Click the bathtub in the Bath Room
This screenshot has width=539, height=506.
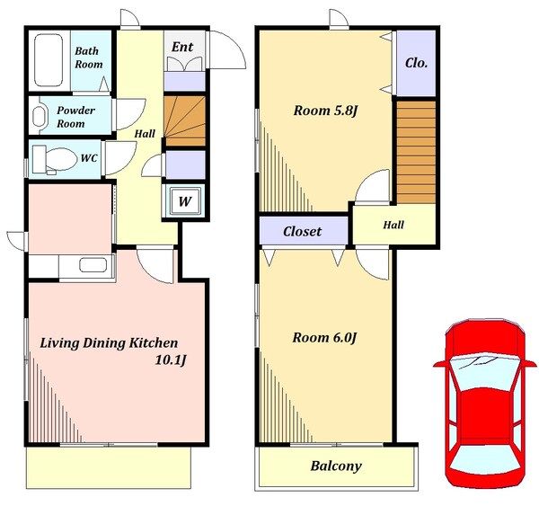[x=49, y=60]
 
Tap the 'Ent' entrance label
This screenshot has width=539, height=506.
[x=182, y=47]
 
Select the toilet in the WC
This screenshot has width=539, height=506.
[x=54, y=159]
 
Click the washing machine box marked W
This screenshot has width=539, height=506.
[x=184, y=201]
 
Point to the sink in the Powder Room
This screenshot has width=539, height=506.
[x=39, y=116]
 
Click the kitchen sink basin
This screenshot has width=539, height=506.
[x=93, y=265]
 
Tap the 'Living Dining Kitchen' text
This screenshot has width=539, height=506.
[x=109, y=343]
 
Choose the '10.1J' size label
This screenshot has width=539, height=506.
[x=171, y=360]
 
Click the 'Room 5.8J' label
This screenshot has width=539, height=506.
[x=325, y=111]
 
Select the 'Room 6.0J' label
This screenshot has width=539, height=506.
[x=324, y=338]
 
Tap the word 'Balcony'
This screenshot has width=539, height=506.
[x=336, y=466]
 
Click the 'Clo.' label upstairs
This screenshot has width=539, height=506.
[x=416, y=63]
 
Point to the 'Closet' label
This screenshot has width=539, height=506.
[x=302, y=232]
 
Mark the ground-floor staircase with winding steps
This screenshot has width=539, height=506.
[x=184, y=121]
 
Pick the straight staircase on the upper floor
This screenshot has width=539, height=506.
[x=416, y=152]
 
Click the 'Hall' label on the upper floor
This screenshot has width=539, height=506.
[x=393, y=225]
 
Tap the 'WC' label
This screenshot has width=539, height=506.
[x=89, y=158]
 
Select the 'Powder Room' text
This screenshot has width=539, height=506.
[x=75, y=117]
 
